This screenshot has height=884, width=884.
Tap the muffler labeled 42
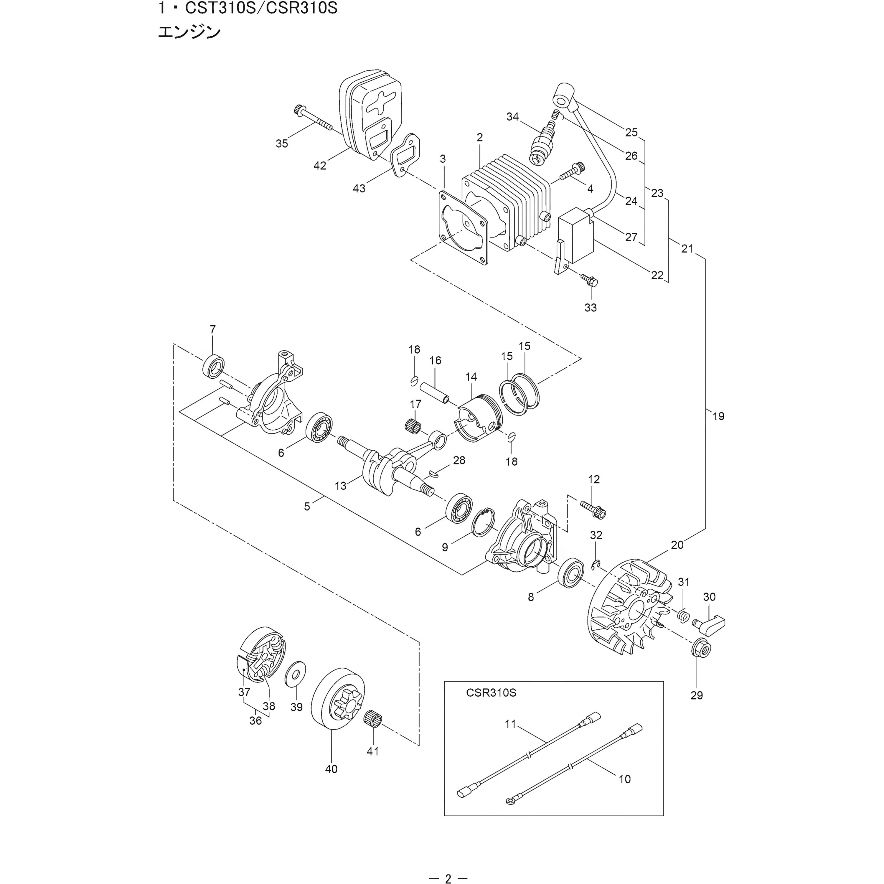coord(370,114)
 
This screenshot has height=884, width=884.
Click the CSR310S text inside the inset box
coord(491,705)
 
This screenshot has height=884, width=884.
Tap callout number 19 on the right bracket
coord(718,416)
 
